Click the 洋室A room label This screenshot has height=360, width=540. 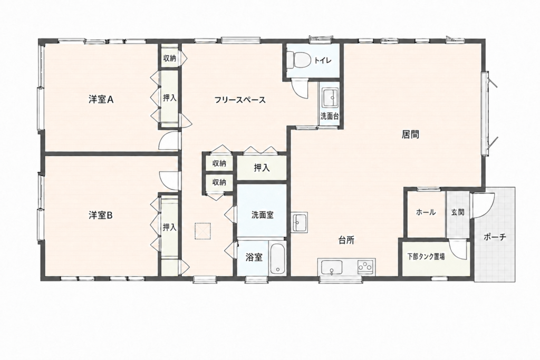click(101, 100)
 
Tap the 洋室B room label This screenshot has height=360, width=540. click(101, 216)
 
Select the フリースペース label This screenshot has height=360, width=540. click(240, 100)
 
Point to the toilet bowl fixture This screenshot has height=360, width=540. click(298, 60)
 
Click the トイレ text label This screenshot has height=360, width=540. click(322, 61)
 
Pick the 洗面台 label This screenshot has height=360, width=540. click(330, 116)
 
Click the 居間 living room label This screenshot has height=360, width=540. click(410, 134)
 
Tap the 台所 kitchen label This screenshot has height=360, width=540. click(346, 240)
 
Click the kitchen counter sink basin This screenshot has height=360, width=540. click(332, 267)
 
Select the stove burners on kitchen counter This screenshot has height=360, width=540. click(366, 266)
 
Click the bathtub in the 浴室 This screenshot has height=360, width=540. click(277, 258)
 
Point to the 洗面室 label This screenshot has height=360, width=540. click(262, 215)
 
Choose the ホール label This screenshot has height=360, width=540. click(426, 212)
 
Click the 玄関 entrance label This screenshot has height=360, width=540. click(458, 212)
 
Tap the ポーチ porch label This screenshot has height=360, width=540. click(495, 237)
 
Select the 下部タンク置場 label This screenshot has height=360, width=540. click(426, 256)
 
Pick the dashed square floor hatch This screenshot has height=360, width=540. click(203, 231)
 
